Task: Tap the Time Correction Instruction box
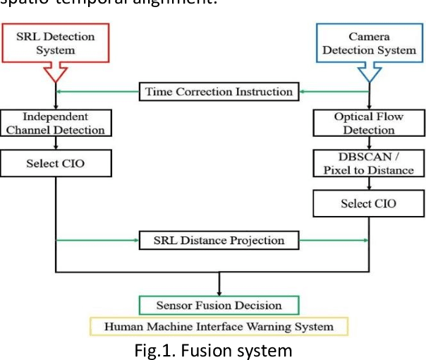pyautogui.click(x=219, y=92)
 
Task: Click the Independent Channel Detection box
pyautogui.click(x=55, y=123)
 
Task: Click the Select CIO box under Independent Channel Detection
pyautogui.click(x=55, y=164)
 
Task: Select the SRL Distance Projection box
pyautogui.click(x=219, y=241)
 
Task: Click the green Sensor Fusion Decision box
pyautogui.click(x=219, y=306)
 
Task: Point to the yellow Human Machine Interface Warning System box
pyautogui.click(x=219, y=326)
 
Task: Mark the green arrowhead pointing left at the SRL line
pyautogui.click(x=60, y=92)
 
